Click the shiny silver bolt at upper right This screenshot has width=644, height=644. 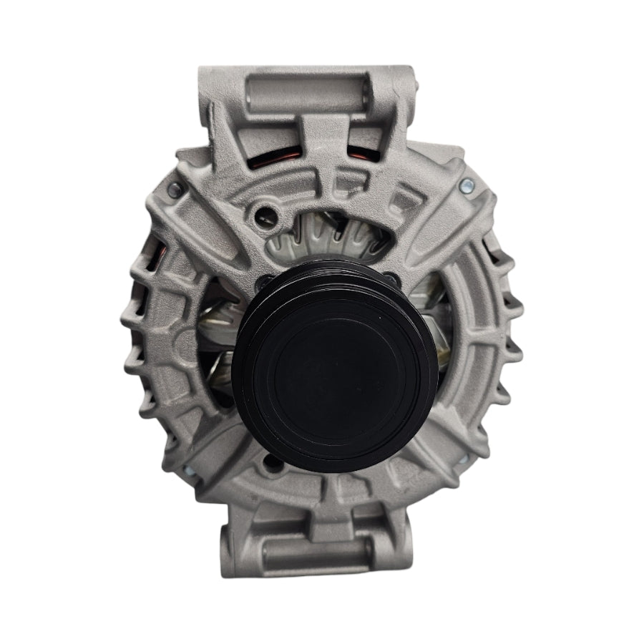point(466,185)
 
